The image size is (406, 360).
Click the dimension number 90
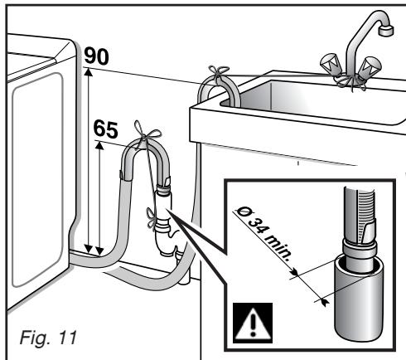pyautogui.click(x=96, y=56)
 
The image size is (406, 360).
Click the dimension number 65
pyautogui.click(x=105, y=129)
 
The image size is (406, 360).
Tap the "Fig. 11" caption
pyautogui.click(x=48, y=338)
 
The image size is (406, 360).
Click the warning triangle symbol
pyautogui.click(x=253, y=323)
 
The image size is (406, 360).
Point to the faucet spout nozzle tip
pyautogui.click(x=386, y=30)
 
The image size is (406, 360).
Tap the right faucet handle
pyautogui.click(x=370, y=67)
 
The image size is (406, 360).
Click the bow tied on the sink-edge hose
pyautogui.click(x=219, y=73)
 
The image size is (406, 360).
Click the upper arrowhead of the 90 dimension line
pyautogui.click(x=88, y=72)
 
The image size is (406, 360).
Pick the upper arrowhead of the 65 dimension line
pyautogui.click(x=99, y=145)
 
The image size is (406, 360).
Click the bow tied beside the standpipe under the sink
pyautogui.click(x=152, y=219)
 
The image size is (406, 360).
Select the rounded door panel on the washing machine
pyautogui.click(x=38, y=180)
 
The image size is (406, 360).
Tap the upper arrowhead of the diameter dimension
pyautogui.click(x=295, y=272)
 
